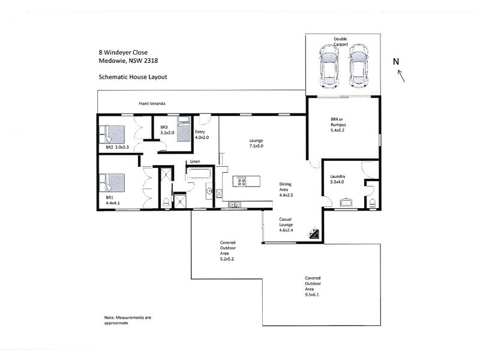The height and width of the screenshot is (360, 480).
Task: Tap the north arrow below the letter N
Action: tap(401, 76)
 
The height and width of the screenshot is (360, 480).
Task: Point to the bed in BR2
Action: tap(112, 133)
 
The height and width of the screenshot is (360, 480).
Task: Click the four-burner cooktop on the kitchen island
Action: tap(242, 181)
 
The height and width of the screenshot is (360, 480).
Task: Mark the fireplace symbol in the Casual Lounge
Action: tap(314, 235)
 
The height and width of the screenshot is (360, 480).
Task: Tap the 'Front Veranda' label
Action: tap(152, 104)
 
